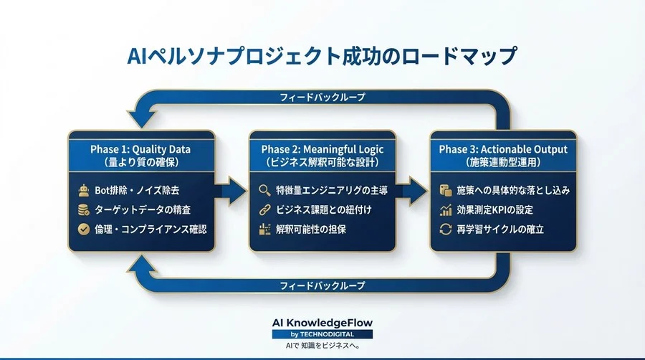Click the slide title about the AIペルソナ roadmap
(322, 57)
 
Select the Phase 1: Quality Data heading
(140, 149)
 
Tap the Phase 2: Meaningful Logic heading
(322, 149)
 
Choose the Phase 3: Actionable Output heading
(503, 149)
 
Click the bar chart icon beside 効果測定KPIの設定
(444, 210)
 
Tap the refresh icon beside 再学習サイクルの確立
(444, 229)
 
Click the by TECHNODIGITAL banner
(322, 334)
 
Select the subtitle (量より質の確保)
(140, 162)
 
